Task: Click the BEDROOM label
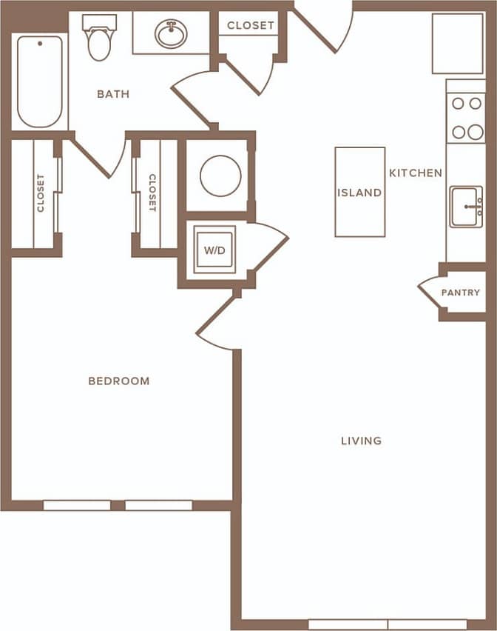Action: pyautogui.click(x=118, y=381)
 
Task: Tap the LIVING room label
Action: pyautogui.click(x=361, y=441)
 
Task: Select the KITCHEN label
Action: pyautogui.click(x=416, y=173)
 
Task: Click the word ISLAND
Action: pyautogui.click(x=359, y=193)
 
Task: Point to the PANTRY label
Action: pyautogui.click(x=461, y=293)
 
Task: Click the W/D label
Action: pyautogui.click(x=214, y=250)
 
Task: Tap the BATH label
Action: pyautogui.click(x=113, y=94)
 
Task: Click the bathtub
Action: pyautogui.click(x=39, y=81)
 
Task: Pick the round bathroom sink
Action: pyautogui.click(x=171, y=34)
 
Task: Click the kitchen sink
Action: pyautogui.click(x=465, y=207)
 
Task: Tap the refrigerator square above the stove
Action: pyautogui.click(x=458, y=44)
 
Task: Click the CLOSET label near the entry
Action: pyautogui.click(x=251, y=25)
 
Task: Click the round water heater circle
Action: pyautogui.click(x=220, y=176)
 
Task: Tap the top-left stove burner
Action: pyautogui.click(x=458, y=104)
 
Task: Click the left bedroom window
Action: pyautogui.click(x=76, y=505)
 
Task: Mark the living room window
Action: pyautogui.click(x=388, y=624)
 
